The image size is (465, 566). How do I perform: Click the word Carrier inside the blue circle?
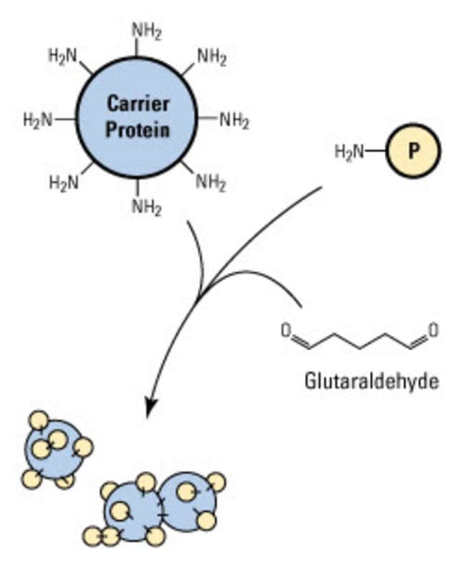tap(137, 104)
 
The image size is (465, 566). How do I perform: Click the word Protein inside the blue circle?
tap(137, 130)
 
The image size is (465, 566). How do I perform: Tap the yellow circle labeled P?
tap(413, 152)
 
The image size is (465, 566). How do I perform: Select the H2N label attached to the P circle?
tap(349, 152)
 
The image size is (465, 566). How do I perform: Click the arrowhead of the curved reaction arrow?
tap(150, 409)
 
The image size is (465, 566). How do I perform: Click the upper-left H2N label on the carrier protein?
tap(62, 55)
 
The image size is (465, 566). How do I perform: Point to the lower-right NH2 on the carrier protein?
tap(211, 182)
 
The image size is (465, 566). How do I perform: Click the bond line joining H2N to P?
tap(376, 152)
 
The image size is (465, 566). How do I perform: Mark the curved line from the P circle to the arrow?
tap(272, 222)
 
